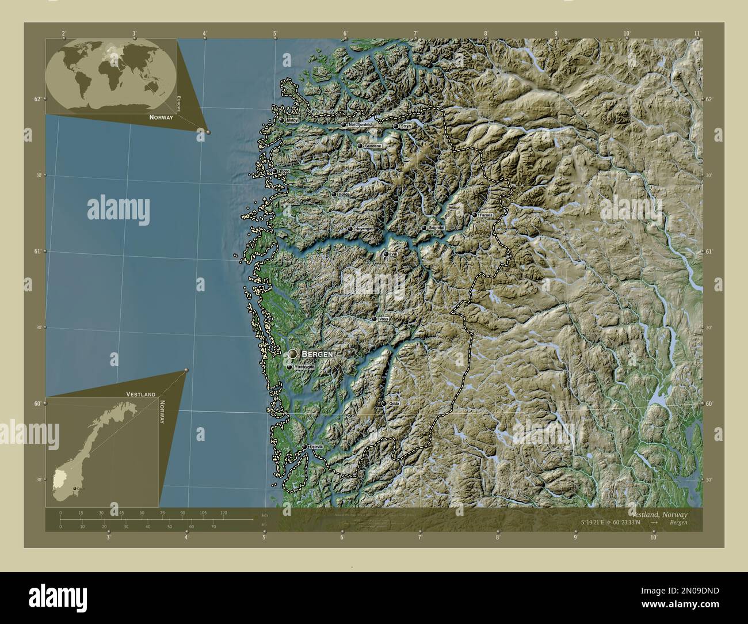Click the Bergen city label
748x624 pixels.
pyautogui.click(x=317, y=354)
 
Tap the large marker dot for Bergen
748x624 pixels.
pyautogui.click(x=293, y=353)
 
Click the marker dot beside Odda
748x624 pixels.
pyautogui.click(x=384, y=404)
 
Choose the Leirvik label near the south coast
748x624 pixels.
pyautogui.click(x=316, y=447)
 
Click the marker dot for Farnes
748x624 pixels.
pyautogui.click(x=475, y=215)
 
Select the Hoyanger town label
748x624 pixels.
pyautogui.click(x=364, y=229)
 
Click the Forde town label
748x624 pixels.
pyautogui.click(x=344, y=195)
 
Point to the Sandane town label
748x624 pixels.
pyautogui.click(x=373, y=146)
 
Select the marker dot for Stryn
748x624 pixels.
pyautogui.click(x=396, y=126)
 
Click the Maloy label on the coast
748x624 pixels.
pyautogui.click(x=292, y=121)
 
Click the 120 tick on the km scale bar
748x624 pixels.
pyautogui.click(x=223, y=512)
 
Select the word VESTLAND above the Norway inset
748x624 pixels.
pyautogui.click(x=141, y=394)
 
